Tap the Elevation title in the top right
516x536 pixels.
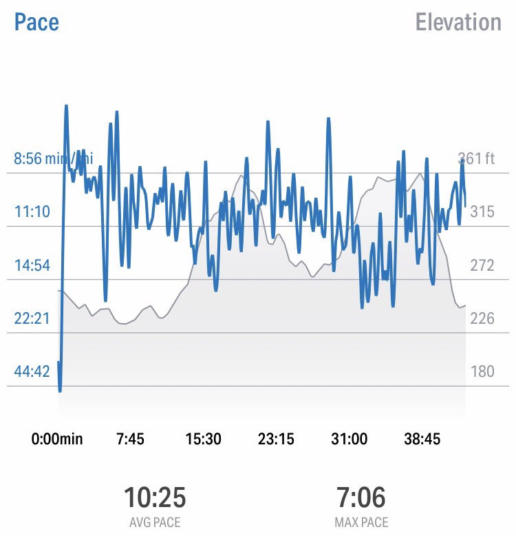458,22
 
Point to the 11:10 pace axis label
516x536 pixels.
32,212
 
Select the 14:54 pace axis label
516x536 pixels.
32,265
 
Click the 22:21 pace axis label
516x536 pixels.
32,318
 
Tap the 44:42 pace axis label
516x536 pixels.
32,372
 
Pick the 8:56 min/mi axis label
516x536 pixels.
52,158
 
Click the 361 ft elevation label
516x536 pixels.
476,158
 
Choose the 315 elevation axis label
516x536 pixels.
482,212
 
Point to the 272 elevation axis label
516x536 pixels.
482,265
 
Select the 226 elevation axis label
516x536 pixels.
482,318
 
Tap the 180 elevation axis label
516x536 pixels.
482,372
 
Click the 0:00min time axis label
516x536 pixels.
57,440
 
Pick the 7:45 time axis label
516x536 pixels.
130,440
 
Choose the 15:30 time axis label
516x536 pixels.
203,440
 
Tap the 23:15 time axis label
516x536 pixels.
276,440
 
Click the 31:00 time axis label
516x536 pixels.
349,440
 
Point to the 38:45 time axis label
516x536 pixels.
422,440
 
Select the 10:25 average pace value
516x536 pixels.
155,497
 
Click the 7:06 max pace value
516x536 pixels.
361,497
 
